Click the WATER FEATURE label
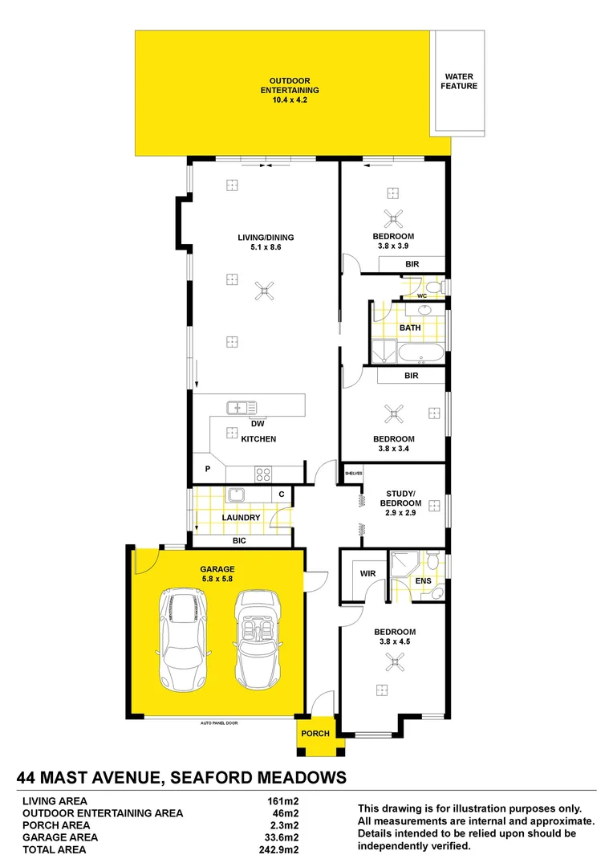point(459,81)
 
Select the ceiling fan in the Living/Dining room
point(263,291)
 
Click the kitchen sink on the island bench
point(241,407)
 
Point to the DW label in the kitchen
point(258,424)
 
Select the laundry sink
point(236,495)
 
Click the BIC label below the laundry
point(239,541)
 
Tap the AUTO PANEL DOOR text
point(219,723)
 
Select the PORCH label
point(315,734)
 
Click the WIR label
point(368,574)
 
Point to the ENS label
point(423,580)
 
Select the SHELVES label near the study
point(354,474)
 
